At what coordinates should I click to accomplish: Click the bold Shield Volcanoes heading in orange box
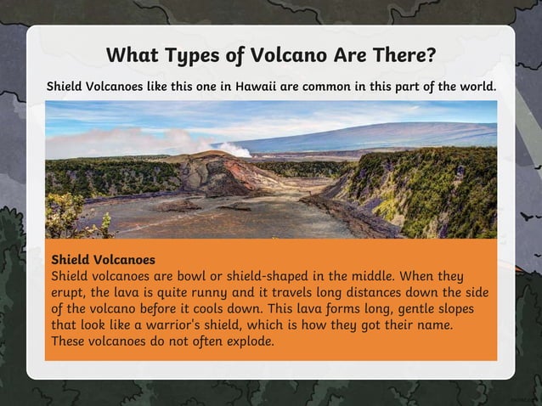[103, 258]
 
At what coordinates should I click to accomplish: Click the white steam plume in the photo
[224, 149]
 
